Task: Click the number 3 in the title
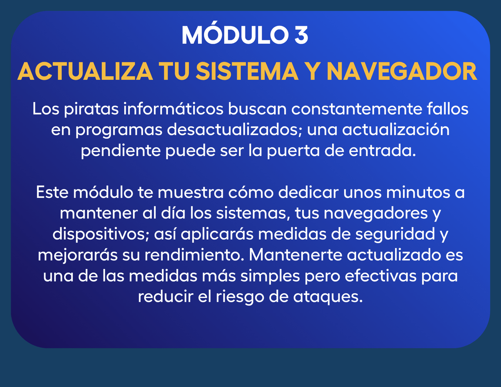pyautogui.click(x=301, y=35)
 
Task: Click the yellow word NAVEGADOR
pyautogui.click(x=401, y=72)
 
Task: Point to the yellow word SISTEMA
pyautogui.click(x=247, y=72)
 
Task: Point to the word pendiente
pyautogui.click(x=121, y=151)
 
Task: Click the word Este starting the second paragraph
pyautogui.click(x=52, y=192)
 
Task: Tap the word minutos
pyautogui.click(x=418, y=192)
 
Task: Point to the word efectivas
pyautogui.click(x=381, y=276)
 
